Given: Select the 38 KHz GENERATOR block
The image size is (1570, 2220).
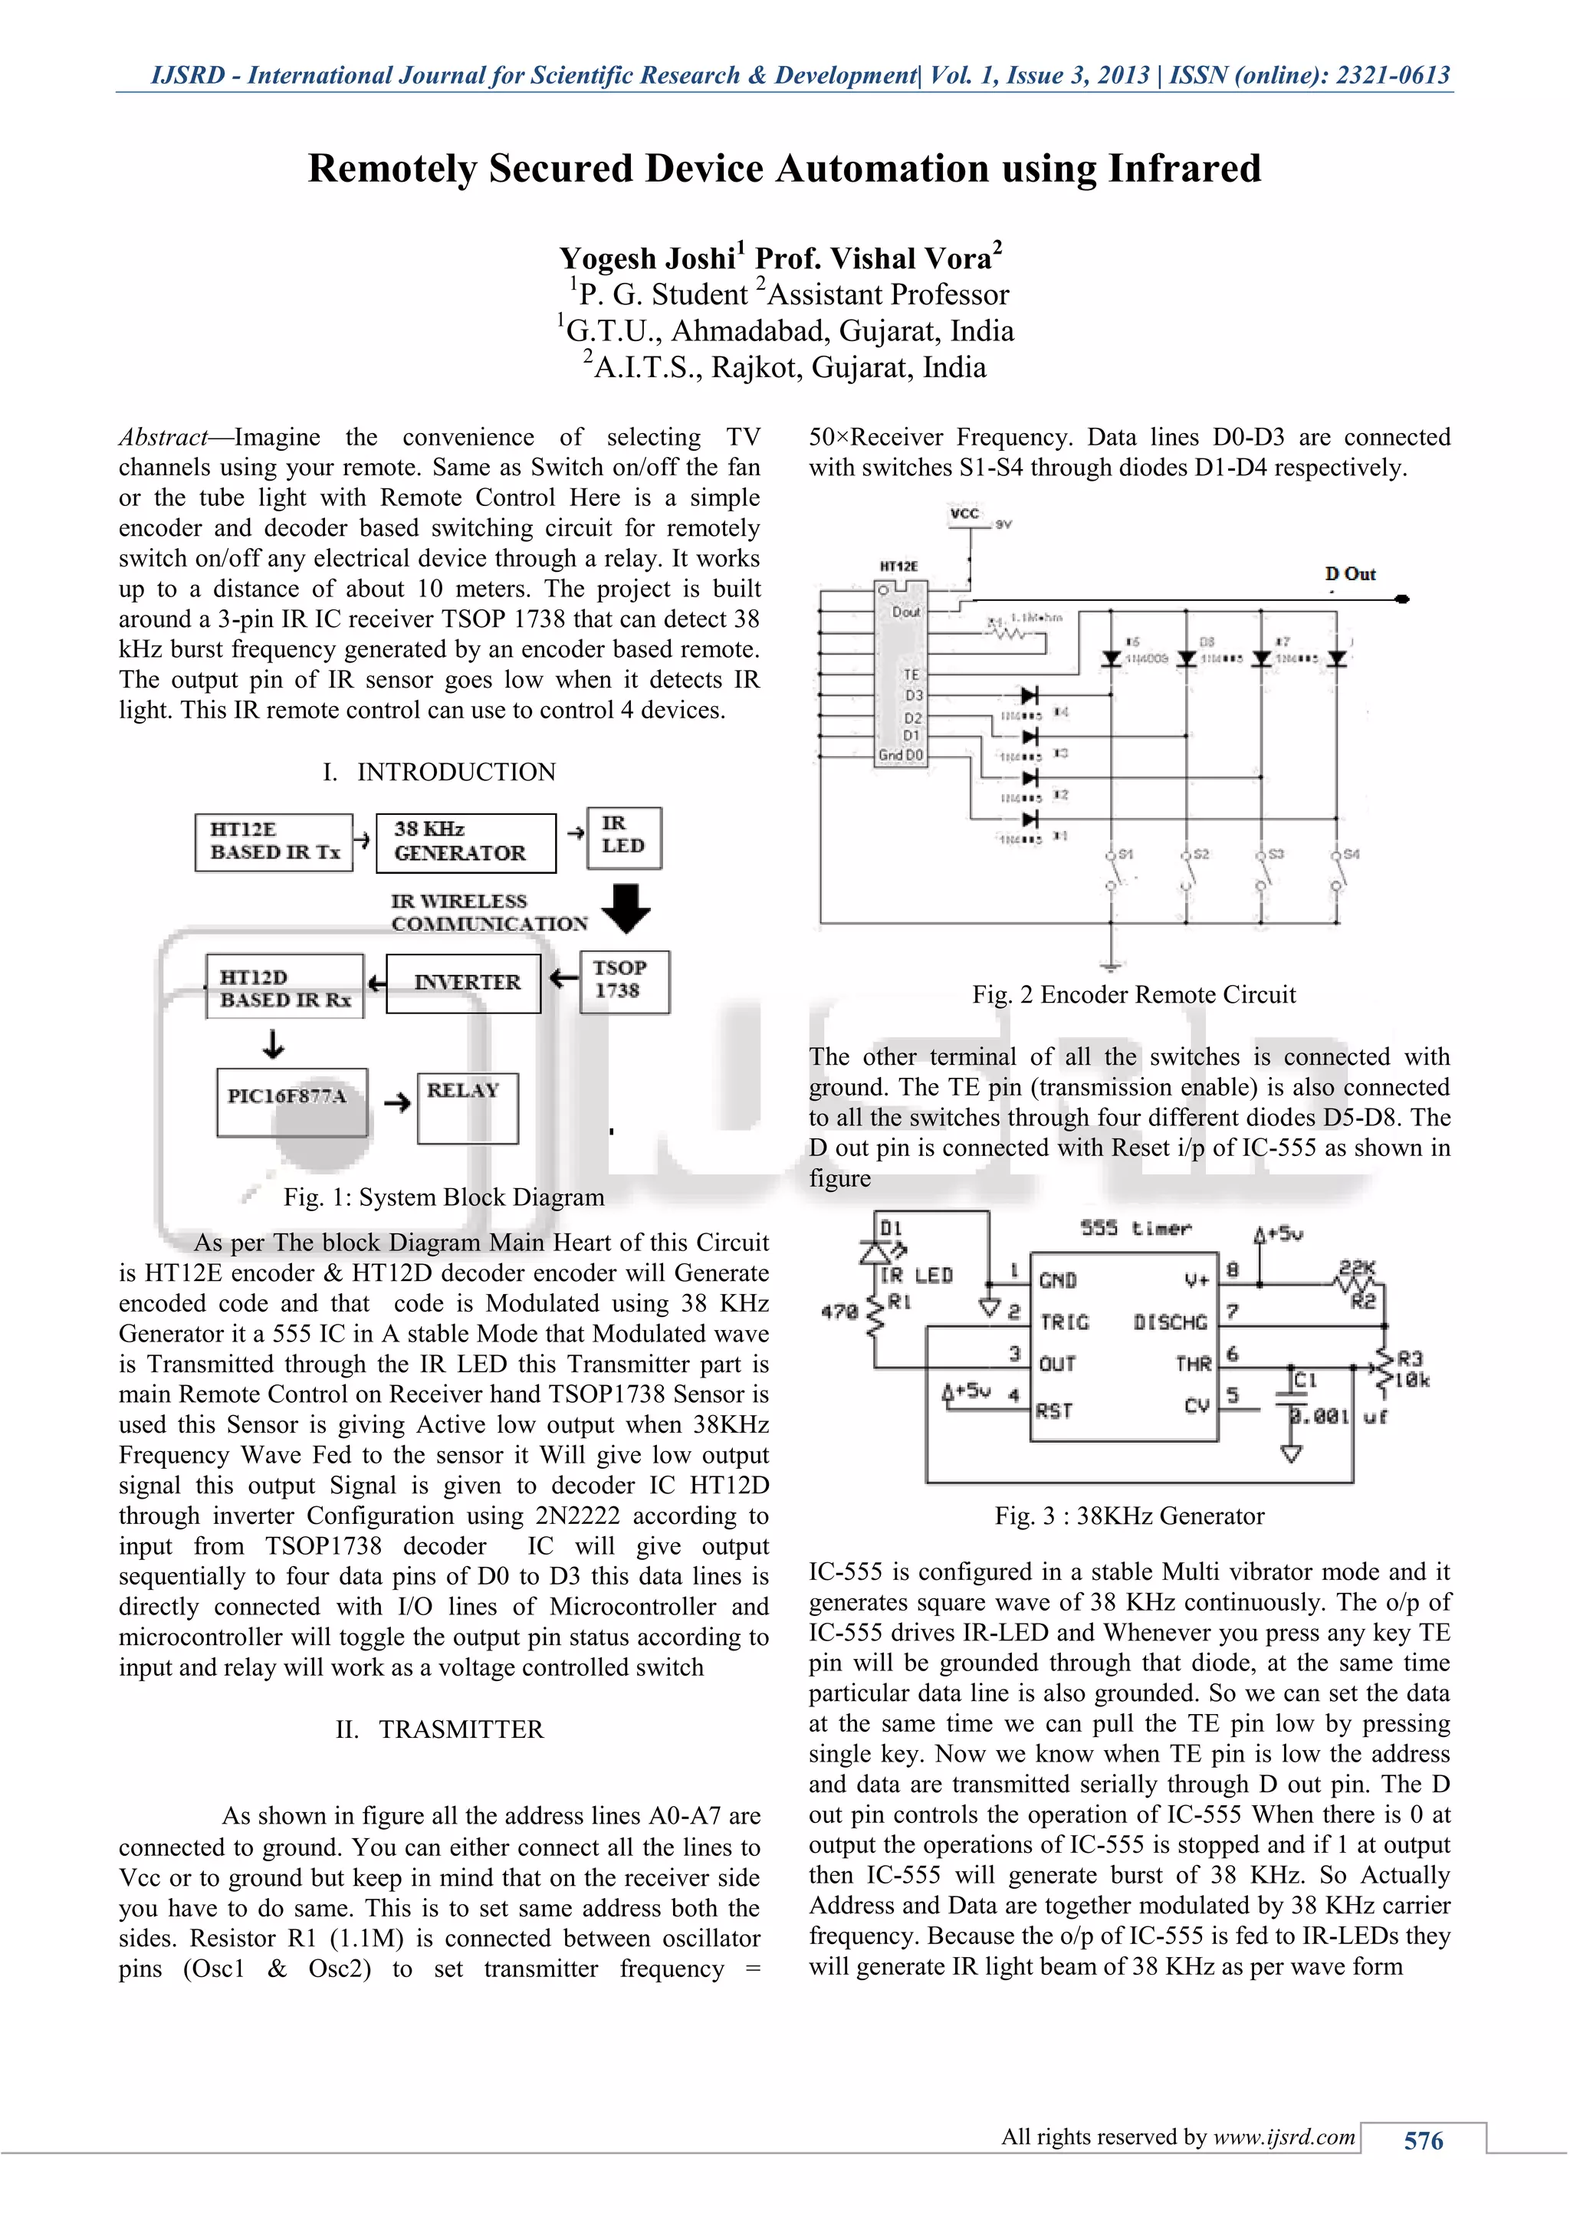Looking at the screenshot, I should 465,842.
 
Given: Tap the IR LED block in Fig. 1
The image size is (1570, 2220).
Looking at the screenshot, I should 625,836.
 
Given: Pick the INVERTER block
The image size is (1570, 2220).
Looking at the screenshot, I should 463,984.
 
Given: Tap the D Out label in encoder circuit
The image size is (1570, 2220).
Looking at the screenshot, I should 1351,574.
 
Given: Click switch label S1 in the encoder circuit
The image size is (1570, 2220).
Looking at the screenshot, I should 1125,855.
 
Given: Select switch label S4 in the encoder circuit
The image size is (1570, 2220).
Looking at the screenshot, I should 1351,855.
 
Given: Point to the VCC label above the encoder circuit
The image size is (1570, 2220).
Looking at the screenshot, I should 964,514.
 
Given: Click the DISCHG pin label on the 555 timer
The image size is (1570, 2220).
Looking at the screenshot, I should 1170,1322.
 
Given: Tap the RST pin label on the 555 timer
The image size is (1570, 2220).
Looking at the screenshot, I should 1054,1410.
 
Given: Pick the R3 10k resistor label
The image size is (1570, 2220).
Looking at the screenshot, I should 1411,1369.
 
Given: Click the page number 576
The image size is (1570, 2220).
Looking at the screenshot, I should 1423,2141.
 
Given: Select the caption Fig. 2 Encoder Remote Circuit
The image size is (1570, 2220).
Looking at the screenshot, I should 1133,995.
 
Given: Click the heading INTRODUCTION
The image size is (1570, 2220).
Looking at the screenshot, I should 456,772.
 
